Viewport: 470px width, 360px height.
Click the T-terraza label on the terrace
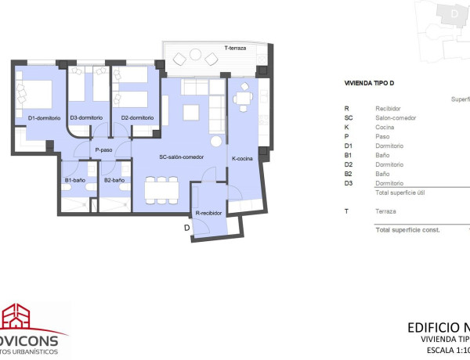(x=236, y=49)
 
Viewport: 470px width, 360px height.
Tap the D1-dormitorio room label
(x=43, y=118)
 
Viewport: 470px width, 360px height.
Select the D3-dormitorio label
(x=86, y=118)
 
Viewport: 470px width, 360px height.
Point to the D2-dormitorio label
(x=137, y=118)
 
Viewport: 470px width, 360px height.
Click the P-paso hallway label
(x=104, y=150)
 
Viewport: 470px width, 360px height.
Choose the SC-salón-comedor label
(x=181, y=157)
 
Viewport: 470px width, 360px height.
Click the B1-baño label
(x=78, y=181)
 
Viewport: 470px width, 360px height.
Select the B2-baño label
(x=114, y=181)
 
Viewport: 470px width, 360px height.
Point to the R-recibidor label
(x=209, y=212)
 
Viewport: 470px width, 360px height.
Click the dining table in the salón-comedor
(x=162, y=189)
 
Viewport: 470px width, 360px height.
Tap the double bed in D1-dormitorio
(x=36, y=95)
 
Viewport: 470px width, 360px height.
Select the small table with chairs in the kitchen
(x=243, y=98)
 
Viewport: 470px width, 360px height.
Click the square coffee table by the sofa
(x=191, y=113)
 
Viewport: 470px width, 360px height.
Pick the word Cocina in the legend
(x=385, y=127)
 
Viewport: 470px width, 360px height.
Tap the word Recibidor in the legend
(x=389, y=109)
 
